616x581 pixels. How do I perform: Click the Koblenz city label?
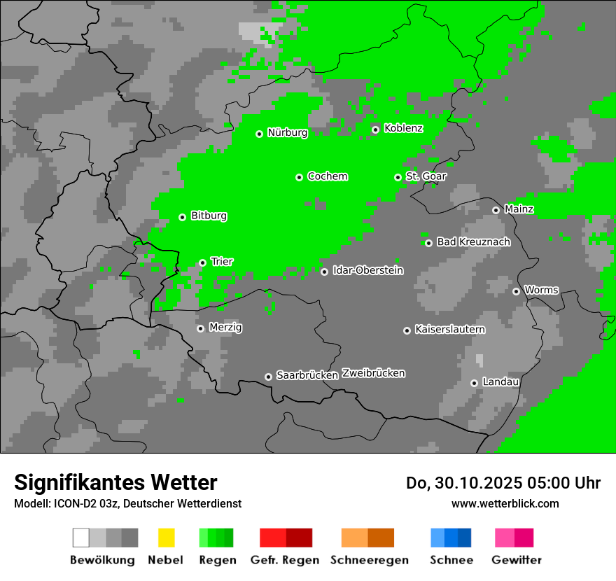[x=403, y=128]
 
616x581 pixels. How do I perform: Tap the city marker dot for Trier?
[x=202, y=262]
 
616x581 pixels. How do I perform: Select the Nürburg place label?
[x=287, y=132]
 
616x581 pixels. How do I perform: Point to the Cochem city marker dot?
[x=299, y=177]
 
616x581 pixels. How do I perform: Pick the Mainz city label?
[x=519, y=209]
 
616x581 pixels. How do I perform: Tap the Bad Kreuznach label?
[x=473, y=241]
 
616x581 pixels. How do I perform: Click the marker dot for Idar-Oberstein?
[x=324, y=272]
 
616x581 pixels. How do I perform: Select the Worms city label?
[x=541, y=290]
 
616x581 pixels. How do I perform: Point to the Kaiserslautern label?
[x=449, y=329]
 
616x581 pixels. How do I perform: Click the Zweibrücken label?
[x=373, y=373]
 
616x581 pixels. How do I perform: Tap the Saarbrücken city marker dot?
[x=268, y=377]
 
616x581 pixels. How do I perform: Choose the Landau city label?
[x=500, y=381]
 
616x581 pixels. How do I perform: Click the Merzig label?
[x=226, y=327]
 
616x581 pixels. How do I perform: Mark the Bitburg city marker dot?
[x=182, y=217]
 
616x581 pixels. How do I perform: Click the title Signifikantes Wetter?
[x=115, y=482]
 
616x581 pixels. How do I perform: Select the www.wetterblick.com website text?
[x=505, y=503]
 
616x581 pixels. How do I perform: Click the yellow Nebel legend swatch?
[x=166, y=538]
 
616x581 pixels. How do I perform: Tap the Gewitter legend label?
[x=516, y=560]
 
